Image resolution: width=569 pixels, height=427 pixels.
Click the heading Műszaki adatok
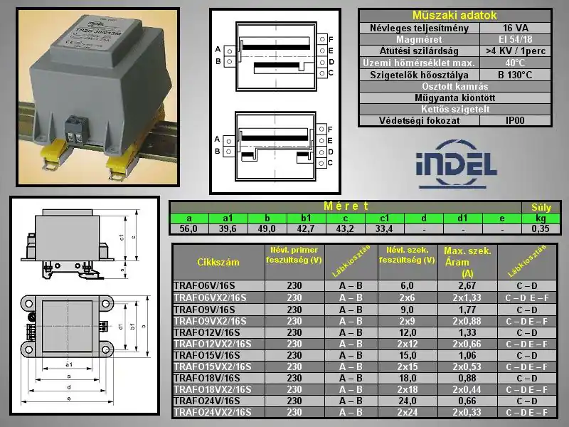click(x=454, y=15)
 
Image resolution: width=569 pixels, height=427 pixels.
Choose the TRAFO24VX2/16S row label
click(x=212, y=412)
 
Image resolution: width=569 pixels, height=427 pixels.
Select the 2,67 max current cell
click(x=467, y=285)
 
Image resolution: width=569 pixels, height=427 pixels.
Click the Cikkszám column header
click(x=218, y=262)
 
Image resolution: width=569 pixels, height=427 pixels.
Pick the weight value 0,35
click(x=541, y=229)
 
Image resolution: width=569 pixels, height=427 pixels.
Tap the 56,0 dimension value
click(x=188, y=229)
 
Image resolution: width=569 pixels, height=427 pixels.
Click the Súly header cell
click(x=541, y=207)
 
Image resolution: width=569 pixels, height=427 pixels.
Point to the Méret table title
click(x=346, y=206)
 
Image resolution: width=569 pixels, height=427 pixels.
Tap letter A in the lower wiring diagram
click(x=218, y=138)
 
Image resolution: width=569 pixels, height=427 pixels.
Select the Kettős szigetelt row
click(x=454, y=110)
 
